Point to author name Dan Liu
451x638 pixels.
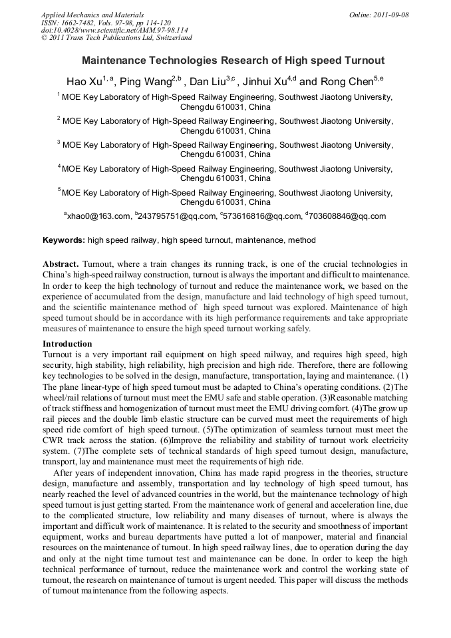click(x=207, y=82)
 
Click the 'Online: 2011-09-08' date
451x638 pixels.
click(x=379, y=15)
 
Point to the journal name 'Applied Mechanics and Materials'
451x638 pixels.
click(x=92, y=15)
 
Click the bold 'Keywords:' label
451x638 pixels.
click(x=64, y=240)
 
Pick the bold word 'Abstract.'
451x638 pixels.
click(x=61, y=264)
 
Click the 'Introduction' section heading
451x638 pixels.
click(x=67, y=344)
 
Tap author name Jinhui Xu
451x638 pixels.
click(x=267, y=82)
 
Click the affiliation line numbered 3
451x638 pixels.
click(x=226, y=144)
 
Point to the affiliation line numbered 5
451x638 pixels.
click(x=226, y=192)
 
